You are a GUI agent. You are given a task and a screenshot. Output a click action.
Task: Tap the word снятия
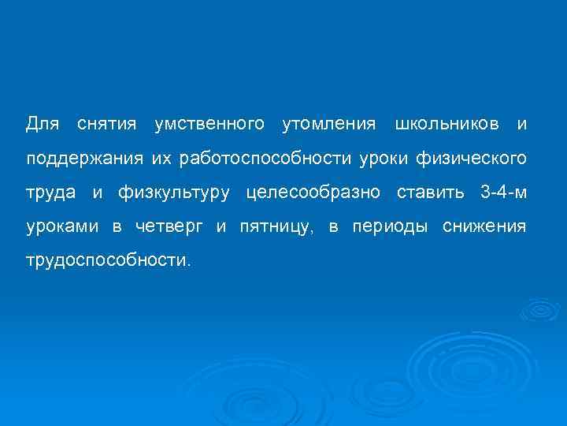(107, 125)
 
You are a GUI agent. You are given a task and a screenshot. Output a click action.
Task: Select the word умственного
(209, 125)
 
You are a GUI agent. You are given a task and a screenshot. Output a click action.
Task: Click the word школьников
(447, 125)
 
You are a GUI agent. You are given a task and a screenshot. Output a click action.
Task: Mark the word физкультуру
(175, 192)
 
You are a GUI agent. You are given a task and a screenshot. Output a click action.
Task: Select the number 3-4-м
(502, 192)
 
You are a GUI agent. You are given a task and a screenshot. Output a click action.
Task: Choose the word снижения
(484, 226)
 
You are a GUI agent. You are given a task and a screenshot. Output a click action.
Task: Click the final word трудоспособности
(108, 260)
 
